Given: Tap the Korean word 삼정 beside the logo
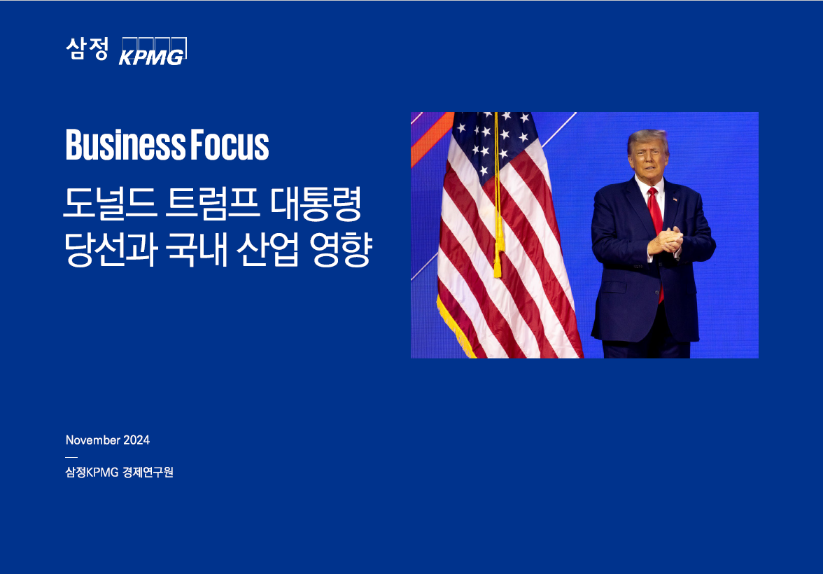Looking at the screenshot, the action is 87,49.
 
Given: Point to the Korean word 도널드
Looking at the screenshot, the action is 110,203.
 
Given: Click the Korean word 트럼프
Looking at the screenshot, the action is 213,203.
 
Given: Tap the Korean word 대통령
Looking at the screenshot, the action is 316,203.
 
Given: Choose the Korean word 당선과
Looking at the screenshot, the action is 111,249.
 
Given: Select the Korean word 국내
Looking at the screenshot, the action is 197,249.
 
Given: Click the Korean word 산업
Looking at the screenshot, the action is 267,249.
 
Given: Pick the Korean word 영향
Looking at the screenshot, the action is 341,249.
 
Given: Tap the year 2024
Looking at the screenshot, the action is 136,440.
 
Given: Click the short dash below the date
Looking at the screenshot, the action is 71,457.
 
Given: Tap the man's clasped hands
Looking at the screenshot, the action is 666,241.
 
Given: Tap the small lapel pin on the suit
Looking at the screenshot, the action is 675,199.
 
